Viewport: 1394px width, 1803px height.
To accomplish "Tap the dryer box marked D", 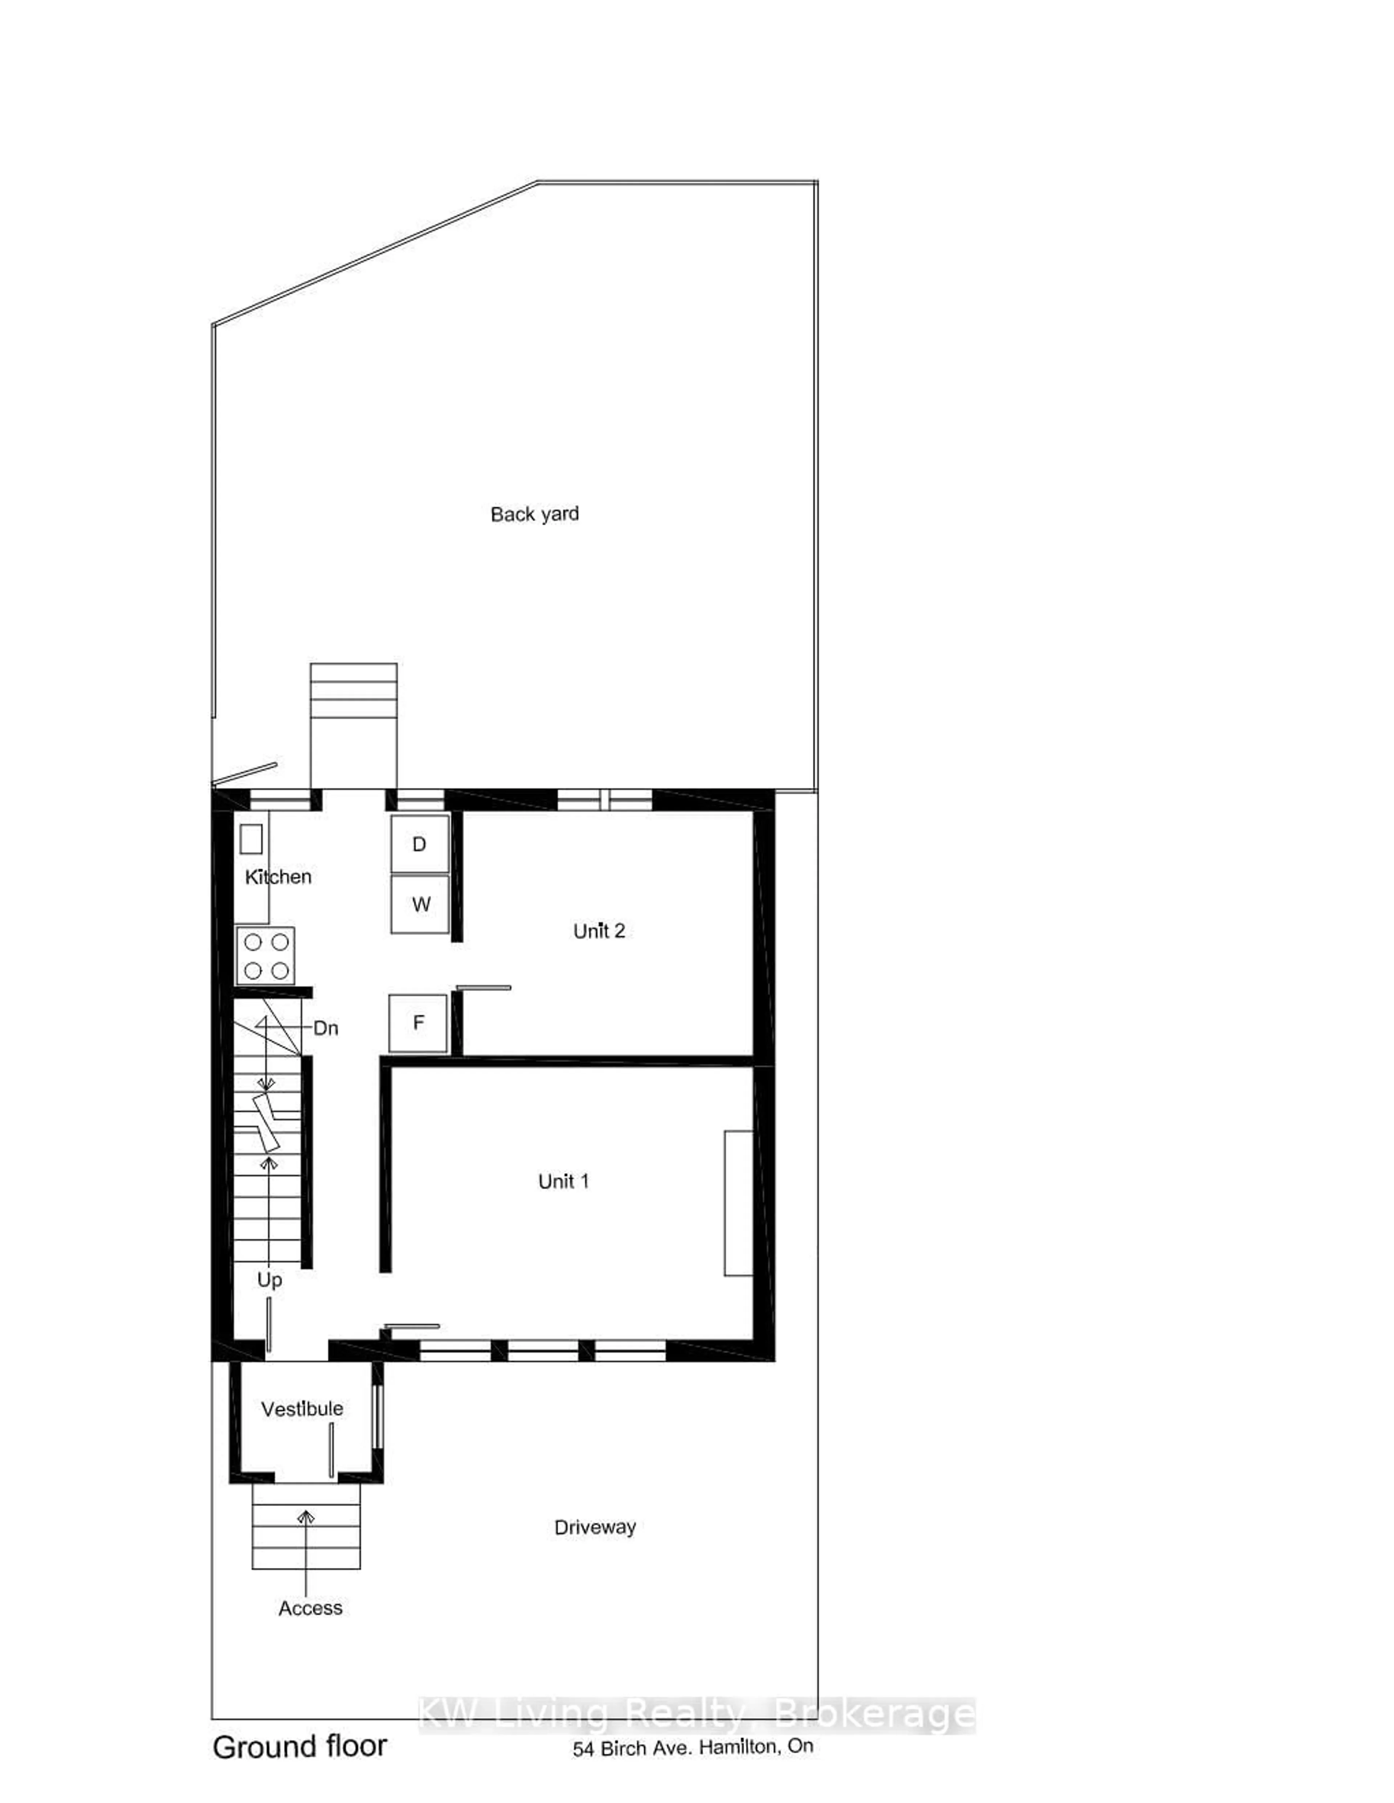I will click(x=420, y=844).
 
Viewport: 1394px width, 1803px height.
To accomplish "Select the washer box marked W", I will click(x=420, y=904).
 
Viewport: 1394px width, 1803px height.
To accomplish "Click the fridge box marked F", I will click(x=418, y=1023).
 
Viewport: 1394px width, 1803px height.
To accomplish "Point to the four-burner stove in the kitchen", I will click(x=265, y=956).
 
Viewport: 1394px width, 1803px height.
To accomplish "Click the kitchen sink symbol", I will click(x=251, y=839).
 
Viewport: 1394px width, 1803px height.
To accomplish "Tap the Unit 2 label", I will click(x=599, y=931).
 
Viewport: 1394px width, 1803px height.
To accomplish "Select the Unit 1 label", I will click(x=563, y=1181).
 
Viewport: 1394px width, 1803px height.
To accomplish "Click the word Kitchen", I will click(x=278, y=877).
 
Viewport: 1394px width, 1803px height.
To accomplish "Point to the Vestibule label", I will click(x=302, y=1408).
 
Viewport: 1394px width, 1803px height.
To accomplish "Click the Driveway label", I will click(x=595, y=1527).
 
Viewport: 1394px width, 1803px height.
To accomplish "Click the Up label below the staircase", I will click(x=269, y=1280).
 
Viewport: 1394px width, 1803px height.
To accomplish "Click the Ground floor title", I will click(x=300, y=1747).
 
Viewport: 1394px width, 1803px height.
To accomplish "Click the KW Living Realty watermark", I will click(x=696, y=1716).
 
